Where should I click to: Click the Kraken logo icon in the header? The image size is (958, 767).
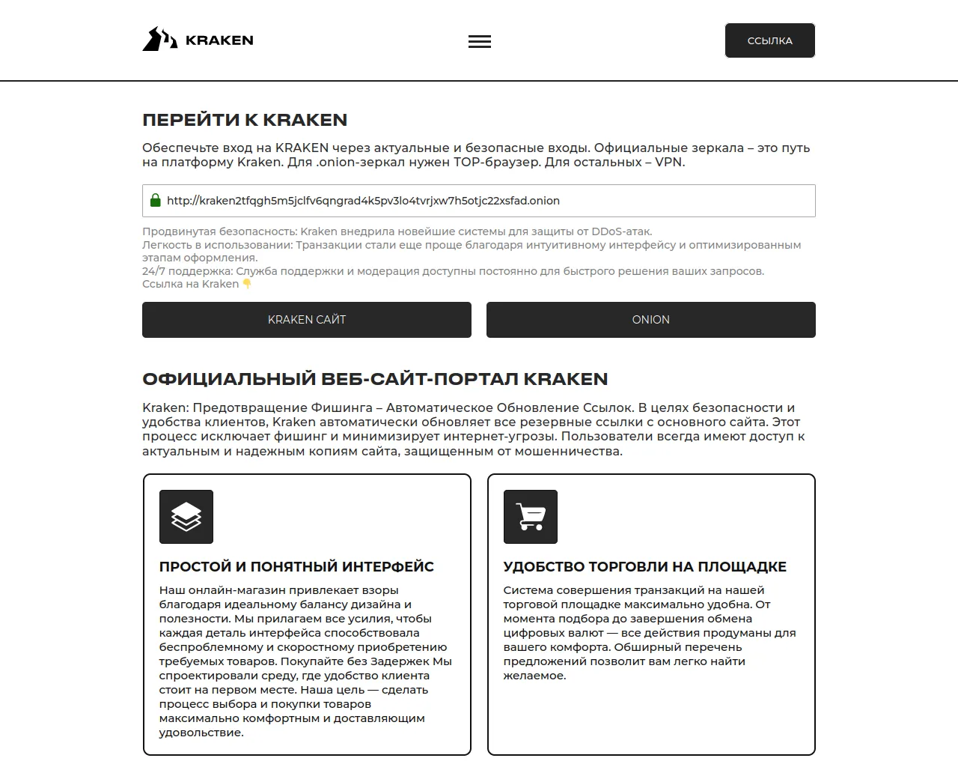point(159,39)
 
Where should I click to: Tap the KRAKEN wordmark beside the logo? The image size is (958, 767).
point(219,40)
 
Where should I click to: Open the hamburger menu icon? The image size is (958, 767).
point(480,42)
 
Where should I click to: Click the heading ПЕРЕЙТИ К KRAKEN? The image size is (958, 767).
point(245,120)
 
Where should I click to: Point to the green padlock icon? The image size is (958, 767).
point(156,200)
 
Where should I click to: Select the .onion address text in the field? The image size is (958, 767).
point(363,201)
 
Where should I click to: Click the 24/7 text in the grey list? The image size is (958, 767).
point(153,271)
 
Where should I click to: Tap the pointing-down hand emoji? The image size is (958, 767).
point(247,284)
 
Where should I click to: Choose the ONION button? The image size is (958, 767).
point(650,320)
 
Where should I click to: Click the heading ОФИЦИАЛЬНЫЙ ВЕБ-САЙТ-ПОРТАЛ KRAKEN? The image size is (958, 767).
point(375,379)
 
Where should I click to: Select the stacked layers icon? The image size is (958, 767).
point(186,517)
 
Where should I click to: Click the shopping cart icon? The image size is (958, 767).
point(531,517)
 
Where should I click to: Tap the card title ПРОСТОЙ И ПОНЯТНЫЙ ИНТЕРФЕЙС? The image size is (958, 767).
point(296,567)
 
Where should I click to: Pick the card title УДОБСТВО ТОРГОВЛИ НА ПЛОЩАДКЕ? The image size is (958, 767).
point(644,567)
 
